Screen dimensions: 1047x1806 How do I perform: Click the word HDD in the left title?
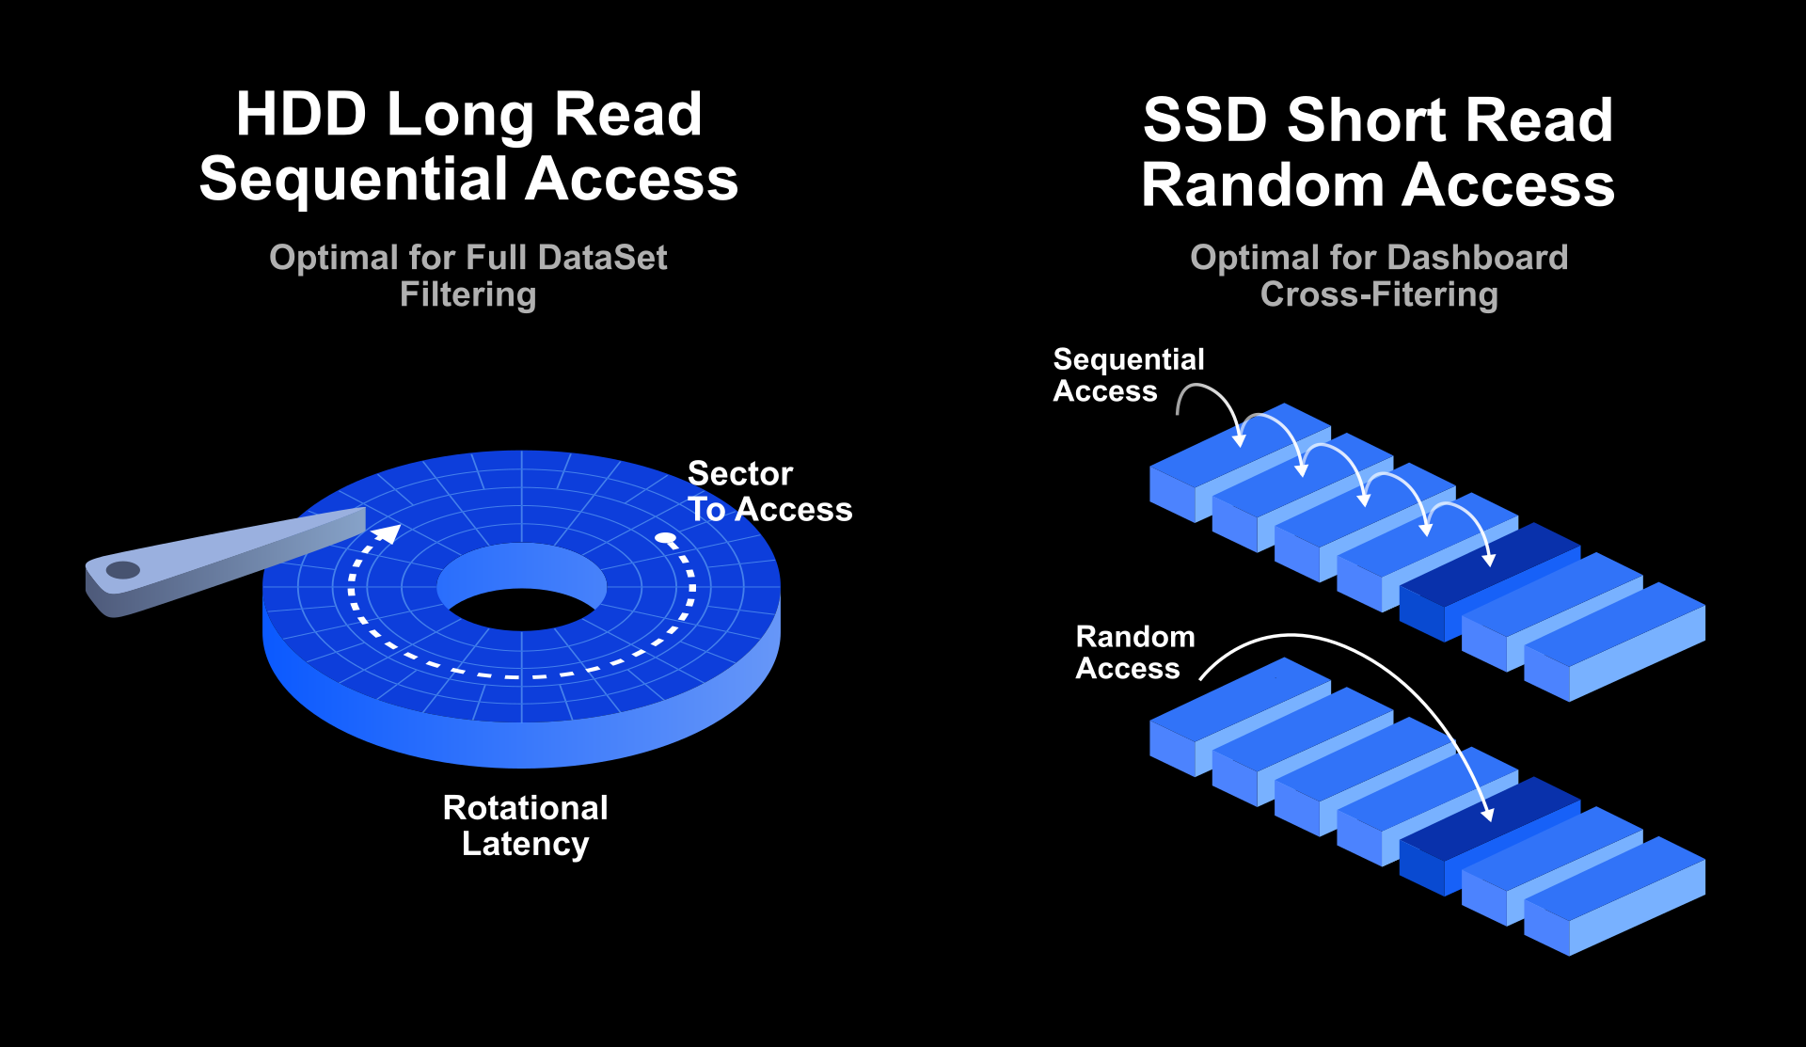[x=300, y=115]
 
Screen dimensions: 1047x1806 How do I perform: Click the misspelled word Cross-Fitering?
[x=1379, y=294]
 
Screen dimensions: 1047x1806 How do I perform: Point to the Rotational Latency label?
[x=525, y=826]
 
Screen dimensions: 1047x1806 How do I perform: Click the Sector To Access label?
[x=768, y=491]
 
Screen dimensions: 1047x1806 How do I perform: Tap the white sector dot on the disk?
[x=666, y=539]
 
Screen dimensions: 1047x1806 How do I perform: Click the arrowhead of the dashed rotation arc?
[x=388, y=534]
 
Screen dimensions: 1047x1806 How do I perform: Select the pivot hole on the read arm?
[x=122, y=569]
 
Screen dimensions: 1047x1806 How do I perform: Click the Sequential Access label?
[x=1128, y=374]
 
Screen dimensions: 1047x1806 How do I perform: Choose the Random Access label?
[x=1134, y=652]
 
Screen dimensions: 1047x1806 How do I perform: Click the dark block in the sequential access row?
[x=1490, y=579]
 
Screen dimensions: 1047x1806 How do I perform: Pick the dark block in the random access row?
[x=1490, y=833]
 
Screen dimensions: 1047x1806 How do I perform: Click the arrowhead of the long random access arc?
[x=1487, y=815]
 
